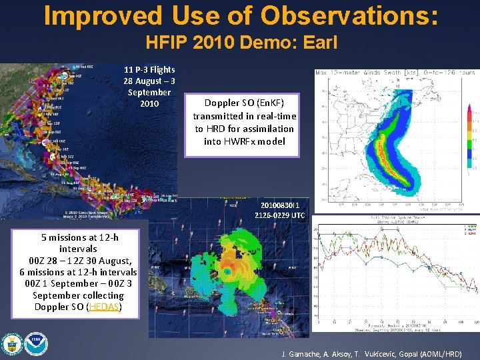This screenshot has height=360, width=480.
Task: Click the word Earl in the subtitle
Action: pos(319,43)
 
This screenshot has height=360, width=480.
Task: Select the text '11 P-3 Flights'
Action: pos(149,69)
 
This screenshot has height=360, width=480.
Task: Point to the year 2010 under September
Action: pos(149,103)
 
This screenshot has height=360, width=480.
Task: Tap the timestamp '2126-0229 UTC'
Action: pos(279,215)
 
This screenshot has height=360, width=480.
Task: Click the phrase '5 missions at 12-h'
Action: pos(79,237)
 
